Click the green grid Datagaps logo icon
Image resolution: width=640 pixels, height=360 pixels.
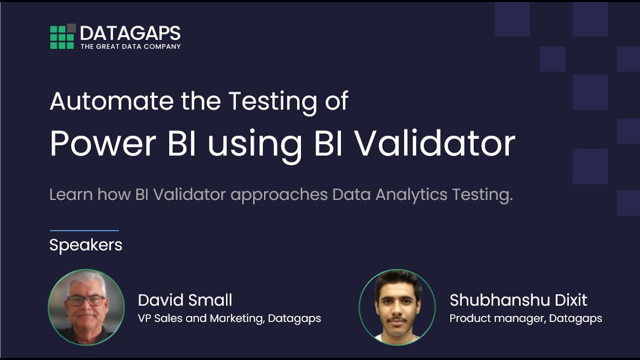tap(62, 36)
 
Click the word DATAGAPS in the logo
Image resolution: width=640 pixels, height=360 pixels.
tap(130, 33)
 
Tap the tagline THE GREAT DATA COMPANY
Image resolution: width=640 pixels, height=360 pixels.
tap(130, 46)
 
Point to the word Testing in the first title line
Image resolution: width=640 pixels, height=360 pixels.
tap(272, 102)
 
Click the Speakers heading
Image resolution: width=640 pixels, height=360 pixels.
tap(85, 245)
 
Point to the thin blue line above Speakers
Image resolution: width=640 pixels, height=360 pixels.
tap(84, 230)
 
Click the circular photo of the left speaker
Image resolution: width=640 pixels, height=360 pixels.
tap(86, 307)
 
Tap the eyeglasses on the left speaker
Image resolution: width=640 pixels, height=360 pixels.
tap(86, 300)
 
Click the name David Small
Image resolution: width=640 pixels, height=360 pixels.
tap(185, 300)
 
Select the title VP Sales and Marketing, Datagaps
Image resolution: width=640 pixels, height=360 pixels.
tap(229, 318)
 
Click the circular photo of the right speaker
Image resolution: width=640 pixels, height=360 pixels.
tap(397, 307)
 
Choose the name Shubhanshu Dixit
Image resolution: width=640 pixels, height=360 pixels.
tap(518, 300)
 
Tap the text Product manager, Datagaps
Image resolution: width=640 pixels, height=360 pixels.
tap(525, 318)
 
